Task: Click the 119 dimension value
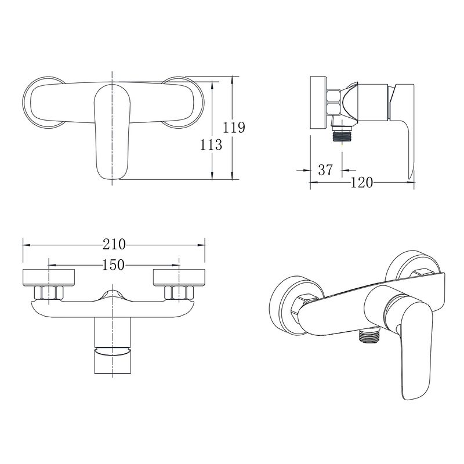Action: coord(234,128)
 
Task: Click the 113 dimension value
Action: coord(211,144)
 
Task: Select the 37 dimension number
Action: coord(325,170)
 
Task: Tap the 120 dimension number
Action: coord(361,183)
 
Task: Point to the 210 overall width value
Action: coord(114,244)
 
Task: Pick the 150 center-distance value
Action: coord(113,265)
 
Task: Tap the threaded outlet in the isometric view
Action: coord(368,336)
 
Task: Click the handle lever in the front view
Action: coord(112,132)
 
